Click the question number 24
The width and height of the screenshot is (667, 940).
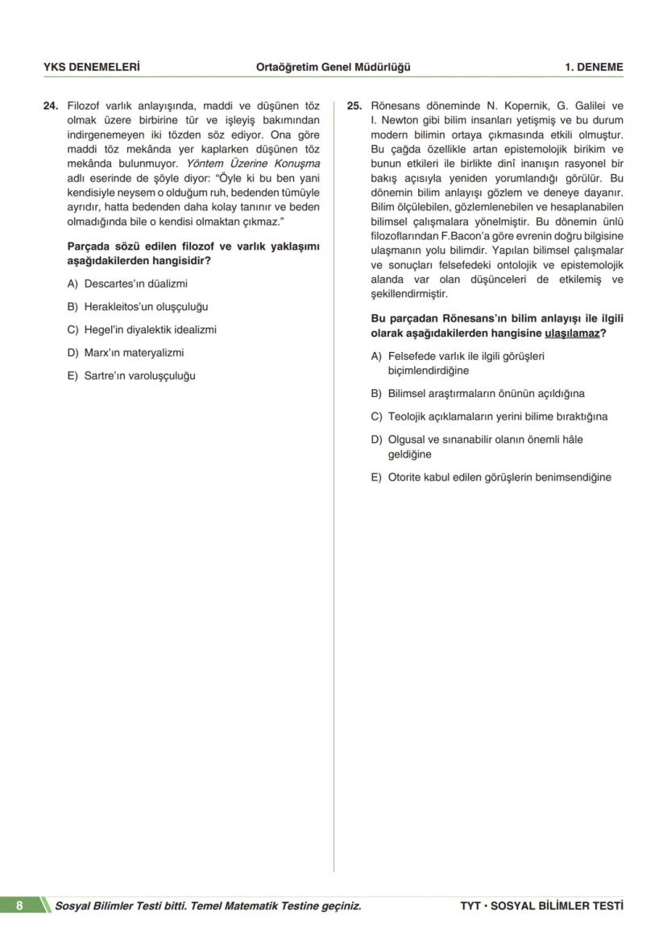click(x=51, y=106)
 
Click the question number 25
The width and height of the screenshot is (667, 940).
click(x=354, y=106)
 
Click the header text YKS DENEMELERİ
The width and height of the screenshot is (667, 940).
click(x=91, y=68)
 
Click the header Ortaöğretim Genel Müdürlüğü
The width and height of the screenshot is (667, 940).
click(x=333, y=68)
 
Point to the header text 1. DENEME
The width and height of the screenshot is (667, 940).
click(x=594, y=68)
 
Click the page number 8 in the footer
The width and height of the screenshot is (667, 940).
click(x=19, y=905)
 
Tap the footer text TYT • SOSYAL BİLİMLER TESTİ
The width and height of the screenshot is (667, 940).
click(x=541, y=905)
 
